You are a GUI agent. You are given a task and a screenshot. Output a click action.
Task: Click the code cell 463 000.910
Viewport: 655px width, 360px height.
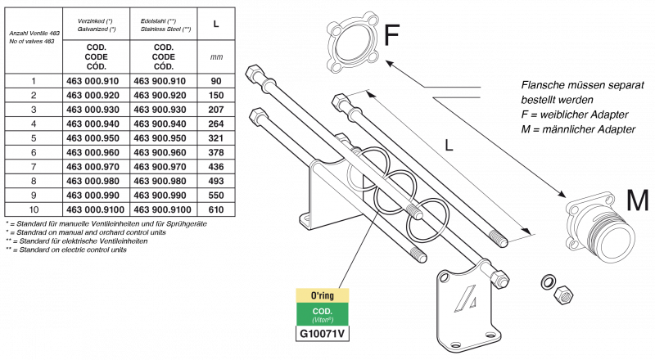pyautogui.click(x=96, y=81)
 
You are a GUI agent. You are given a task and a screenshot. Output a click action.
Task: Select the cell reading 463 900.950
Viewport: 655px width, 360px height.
pyautogui.click(x=163, y=138)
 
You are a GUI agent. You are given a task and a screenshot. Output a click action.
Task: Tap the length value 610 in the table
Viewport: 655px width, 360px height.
pyautogui.click(x=215, y=209)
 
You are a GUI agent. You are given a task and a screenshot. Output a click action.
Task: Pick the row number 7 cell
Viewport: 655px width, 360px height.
pyautogui.click(x=34, y=167)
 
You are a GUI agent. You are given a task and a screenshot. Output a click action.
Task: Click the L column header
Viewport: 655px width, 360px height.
pyautogui.click(x=215, y=25)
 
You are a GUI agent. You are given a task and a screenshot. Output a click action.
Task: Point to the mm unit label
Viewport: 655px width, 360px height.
pyautogui.click(x=215, y=57)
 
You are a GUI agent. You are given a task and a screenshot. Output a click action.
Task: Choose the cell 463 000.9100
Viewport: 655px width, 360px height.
pyautogui.click(x=96, y=209)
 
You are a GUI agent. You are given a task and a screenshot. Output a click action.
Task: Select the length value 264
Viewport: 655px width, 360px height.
pyautogui.click(x=215, y=124)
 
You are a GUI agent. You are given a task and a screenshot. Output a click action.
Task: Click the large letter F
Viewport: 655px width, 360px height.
pyautogui.click(x=392, y=37)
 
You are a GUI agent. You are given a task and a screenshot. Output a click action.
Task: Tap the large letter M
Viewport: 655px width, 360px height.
pyautogui.click(x=637, y=201)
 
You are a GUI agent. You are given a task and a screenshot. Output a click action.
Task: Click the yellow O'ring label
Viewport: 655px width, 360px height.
pyautogui.click(x=323, y=295)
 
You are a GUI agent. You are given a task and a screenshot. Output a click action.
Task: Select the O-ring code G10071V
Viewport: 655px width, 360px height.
pyautogui.click(x=323, y=334)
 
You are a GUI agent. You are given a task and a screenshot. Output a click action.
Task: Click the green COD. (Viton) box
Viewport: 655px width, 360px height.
pyautogui.click(x=323, y=315)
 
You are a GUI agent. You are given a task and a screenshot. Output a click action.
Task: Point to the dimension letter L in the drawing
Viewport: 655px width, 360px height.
pyautogui.click(x=449, y=146)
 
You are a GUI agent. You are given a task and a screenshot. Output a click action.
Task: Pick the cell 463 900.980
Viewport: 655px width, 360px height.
pyautogui.click(x=163, y=181)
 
